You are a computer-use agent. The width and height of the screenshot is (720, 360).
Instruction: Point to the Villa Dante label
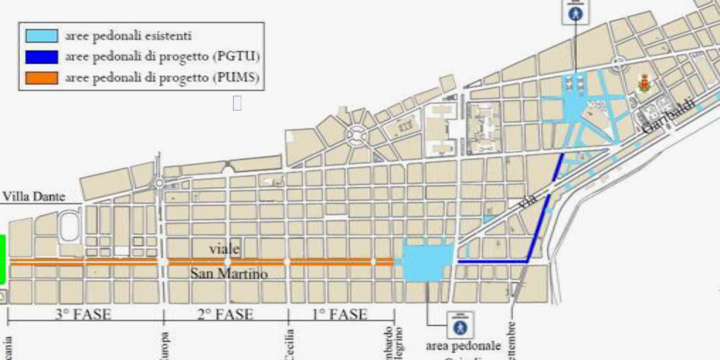(x=34, y=197)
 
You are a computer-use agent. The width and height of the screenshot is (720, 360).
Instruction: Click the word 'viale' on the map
(x=225, y=248)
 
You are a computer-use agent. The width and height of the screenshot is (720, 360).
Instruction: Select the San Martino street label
(x=229, y=275)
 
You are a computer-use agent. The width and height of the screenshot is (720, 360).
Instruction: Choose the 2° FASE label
(x=226, y=314)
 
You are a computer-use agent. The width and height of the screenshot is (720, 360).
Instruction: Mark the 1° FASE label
(x=339, y=314)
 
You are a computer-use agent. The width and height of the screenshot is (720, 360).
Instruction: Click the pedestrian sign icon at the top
(x=575, y=11)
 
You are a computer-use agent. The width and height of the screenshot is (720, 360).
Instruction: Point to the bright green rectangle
(x=3, y=259)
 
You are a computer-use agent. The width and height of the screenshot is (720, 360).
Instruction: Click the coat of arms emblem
(x=644, y=83)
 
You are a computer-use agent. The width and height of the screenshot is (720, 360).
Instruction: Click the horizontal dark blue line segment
(x=492, y=261)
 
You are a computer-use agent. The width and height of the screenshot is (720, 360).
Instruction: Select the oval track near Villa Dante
(x=69, y=226)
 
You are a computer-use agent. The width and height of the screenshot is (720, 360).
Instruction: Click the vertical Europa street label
(x=166, y=346)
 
